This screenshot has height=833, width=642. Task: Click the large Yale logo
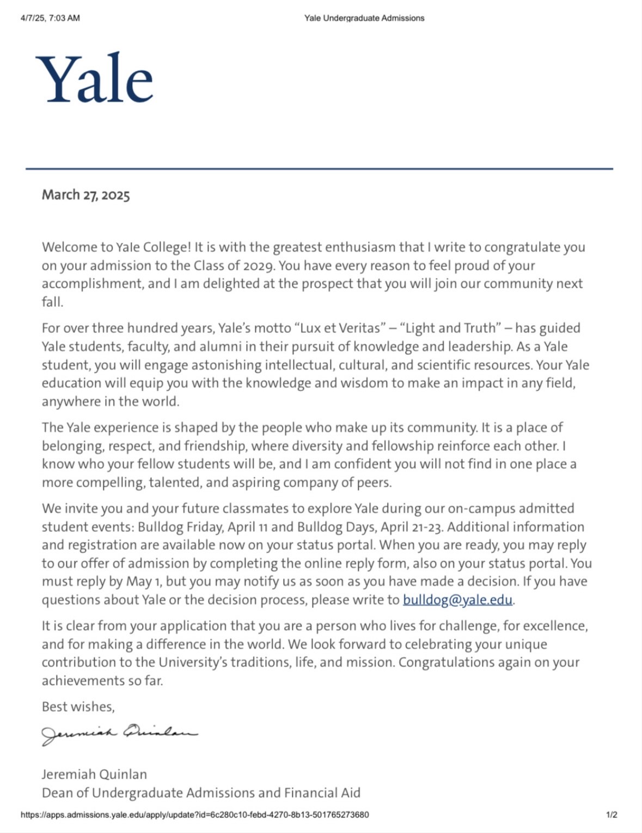coord(95,79)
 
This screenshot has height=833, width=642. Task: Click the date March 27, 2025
coord(86,195)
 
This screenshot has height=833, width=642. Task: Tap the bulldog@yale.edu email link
coord(457,600)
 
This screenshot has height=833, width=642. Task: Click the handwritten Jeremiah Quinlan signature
coord(119,734)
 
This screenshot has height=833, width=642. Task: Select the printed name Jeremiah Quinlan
coord(94,774)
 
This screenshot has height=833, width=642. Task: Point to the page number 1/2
coord(612,815)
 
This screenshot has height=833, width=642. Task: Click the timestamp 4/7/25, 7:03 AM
coord(50,18)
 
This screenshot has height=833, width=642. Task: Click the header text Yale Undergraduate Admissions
coord(364,18)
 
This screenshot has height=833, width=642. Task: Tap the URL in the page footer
coord(194,815)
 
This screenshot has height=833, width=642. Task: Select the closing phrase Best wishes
coord(78,707)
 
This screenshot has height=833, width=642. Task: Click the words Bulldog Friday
coord(180,527)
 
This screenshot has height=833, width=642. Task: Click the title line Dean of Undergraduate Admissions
coord(201,793)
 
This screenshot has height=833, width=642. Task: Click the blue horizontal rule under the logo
coord(319,169)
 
